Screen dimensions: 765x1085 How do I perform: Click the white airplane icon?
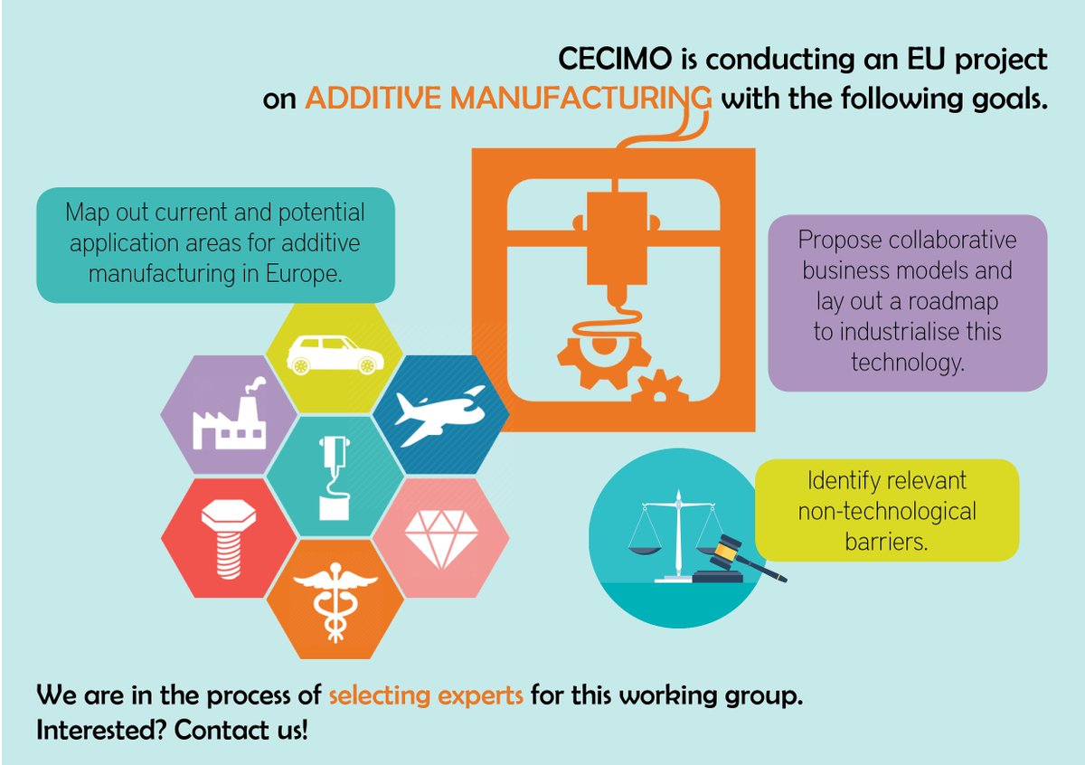[440, 414]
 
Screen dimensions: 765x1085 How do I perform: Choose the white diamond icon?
[440, 537]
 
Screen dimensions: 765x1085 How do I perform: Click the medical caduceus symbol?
[335, 599]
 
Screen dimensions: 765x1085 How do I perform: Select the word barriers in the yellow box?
[886, 542]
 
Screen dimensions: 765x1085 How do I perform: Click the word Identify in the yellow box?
[842, 480]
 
